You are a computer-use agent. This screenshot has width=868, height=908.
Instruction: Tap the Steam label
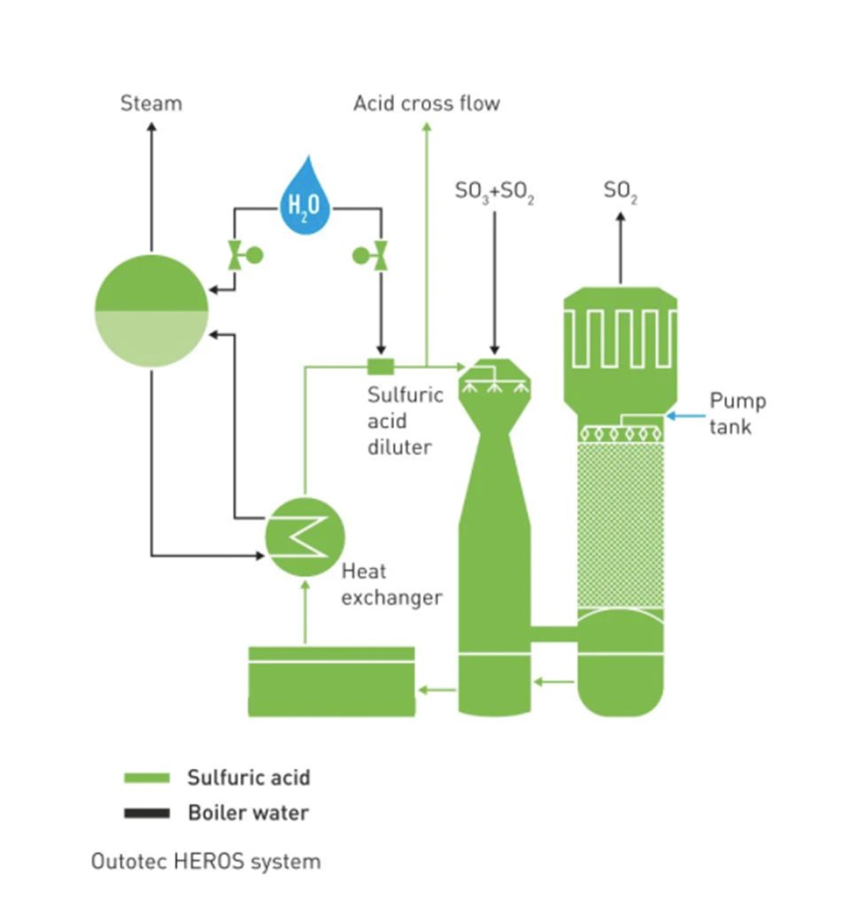pyautogui.click(x=151, y=104)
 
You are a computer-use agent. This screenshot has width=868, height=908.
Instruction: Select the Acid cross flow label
pyautogui.click(x=427, y=104)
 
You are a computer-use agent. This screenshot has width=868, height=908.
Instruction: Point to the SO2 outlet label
pyautogui.click(x=620, y=190)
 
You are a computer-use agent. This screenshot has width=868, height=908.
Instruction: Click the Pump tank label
pyautogui.click(x=737, y=414)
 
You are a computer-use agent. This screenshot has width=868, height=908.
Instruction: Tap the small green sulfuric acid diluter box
pyautogui.click(x=381, y=365)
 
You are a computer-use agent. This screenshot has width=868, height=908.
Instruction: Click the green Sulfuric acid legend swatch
pyautogui.click(x=146, y=779)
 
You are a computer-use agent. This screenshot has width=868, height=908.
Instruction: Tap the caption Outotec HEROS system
pyautogui.click(x=205, y=861)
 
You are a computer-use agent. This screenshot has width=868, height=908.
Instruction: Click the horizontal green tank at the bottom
pyautogui.click(x=331, y=682)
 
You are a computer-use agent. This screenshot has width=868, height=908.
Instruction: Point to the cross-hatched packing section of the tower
pyautogui.click(x=620, y=523)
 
